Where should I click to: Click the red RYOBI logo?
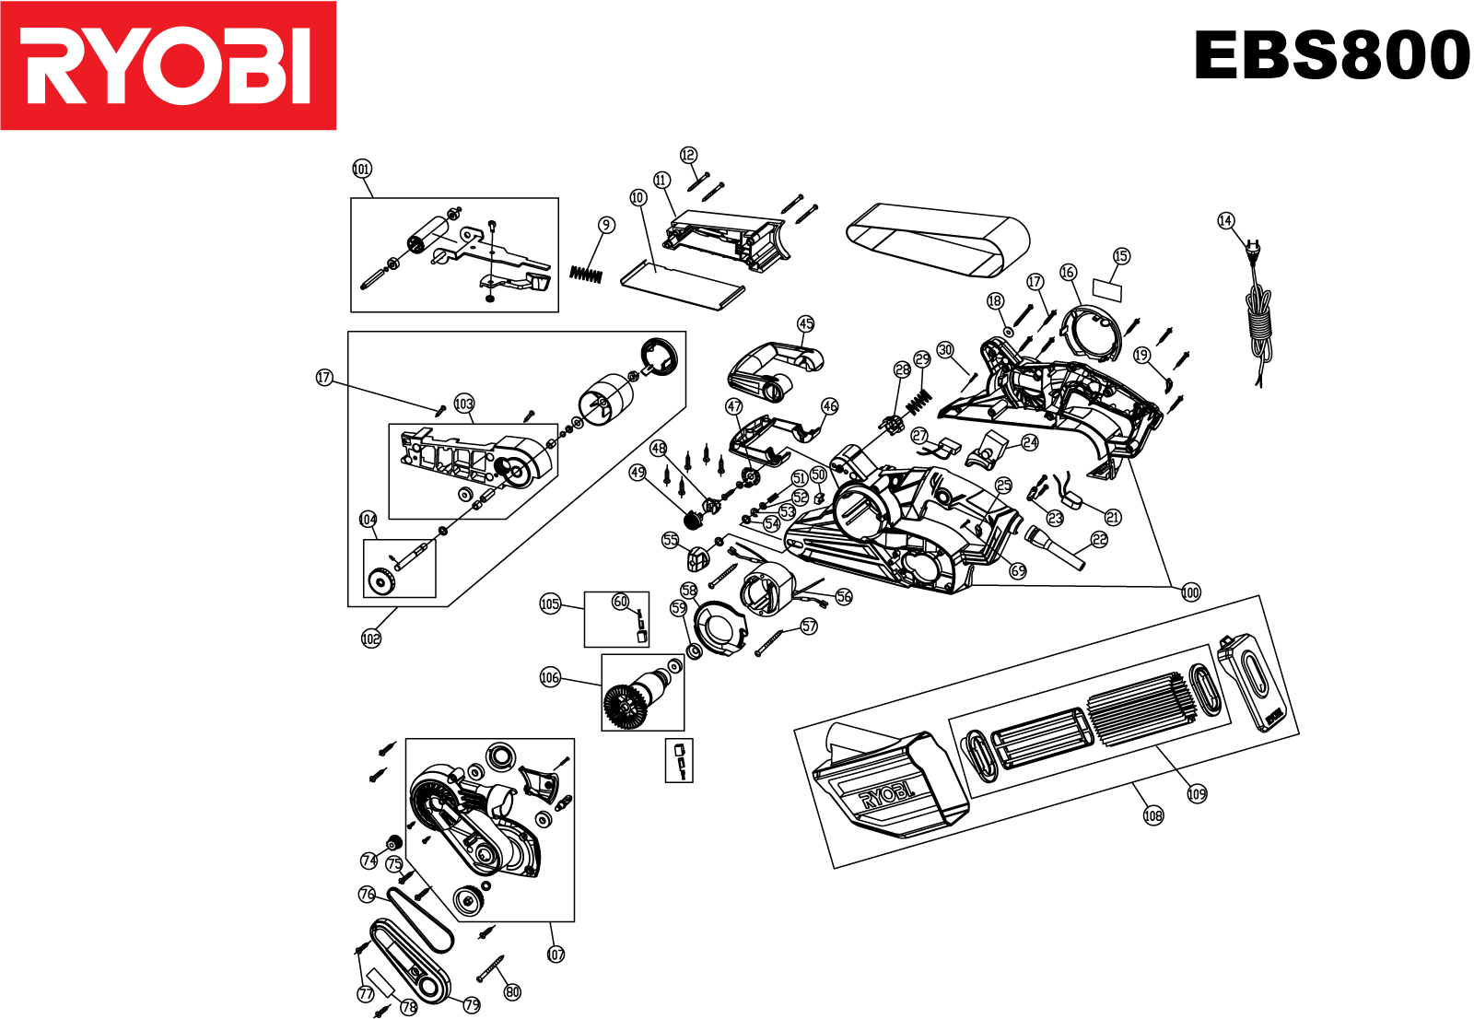point(168,65)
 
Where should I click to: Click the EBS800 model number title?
point(1331,55)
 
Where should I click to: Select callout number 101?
point(362,169)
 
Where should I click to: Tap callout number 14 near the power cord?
point(1225,220)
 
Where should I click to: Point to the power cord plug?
point(1252,247)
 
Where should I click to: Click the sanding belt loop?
point(938,238)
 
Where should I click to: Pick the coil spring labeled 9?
point(586,274)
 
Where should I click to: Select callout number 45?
point(806,323)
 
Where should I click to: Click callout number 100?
point(1190,592)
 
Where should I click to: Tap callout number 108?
point(1152,815)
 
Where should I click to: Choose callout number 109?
point(1197,794)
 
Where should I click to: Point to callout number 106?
point(550,678)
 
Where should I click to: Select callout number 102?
point(370,638)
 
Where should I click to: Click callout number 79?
point(472,1004)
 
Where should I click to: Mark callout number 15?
point(1120,256)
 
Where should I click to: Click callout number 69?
point(1018,571)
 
